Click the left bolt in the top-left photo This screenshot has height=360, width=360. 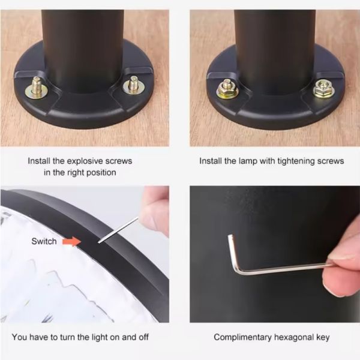(x=37, y=87)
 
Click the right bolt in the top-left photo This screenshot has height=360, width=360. (x=134, y=86)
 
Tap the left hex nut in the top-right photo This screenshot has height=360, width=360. (x=227, y=89)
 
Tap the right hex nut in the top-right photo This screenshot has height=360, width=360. (x=324, y=89)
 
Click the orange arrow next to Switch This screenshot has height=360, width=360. (x=71, y=242)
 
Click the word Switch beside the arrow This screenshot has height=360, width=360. (x=44, y=241)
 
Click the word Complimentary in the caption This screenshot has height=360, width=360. (x=242, y=337)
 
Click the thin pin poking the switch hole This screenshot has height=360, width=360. (x=118, y=230)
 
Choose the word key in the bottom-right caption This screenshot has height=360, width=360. (x=323, y=337)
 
